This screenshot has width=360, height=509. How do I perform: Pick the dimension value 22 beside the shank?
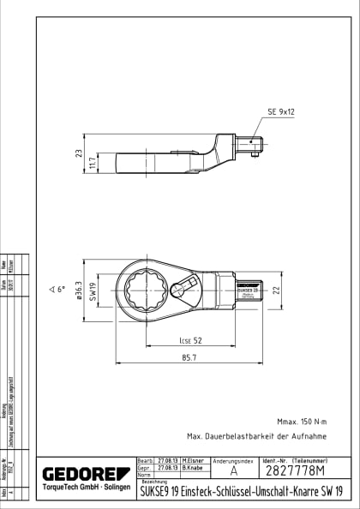point(276,290)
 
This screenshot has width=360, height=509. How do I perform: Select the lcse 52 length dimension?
point(191,340)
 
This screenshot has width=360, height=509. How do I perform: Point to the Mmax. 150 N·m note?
point(302,421)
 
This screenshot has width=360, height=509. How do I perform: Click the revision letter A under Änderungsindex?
point(234,471)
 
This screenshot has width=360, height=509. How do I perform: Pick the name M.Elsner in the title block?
point(191,460)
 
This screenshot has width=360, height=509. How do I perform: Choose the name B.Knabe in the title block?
point(190,469)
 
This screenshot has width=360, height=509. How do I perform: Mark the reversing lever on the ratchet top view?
point(183,289)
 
